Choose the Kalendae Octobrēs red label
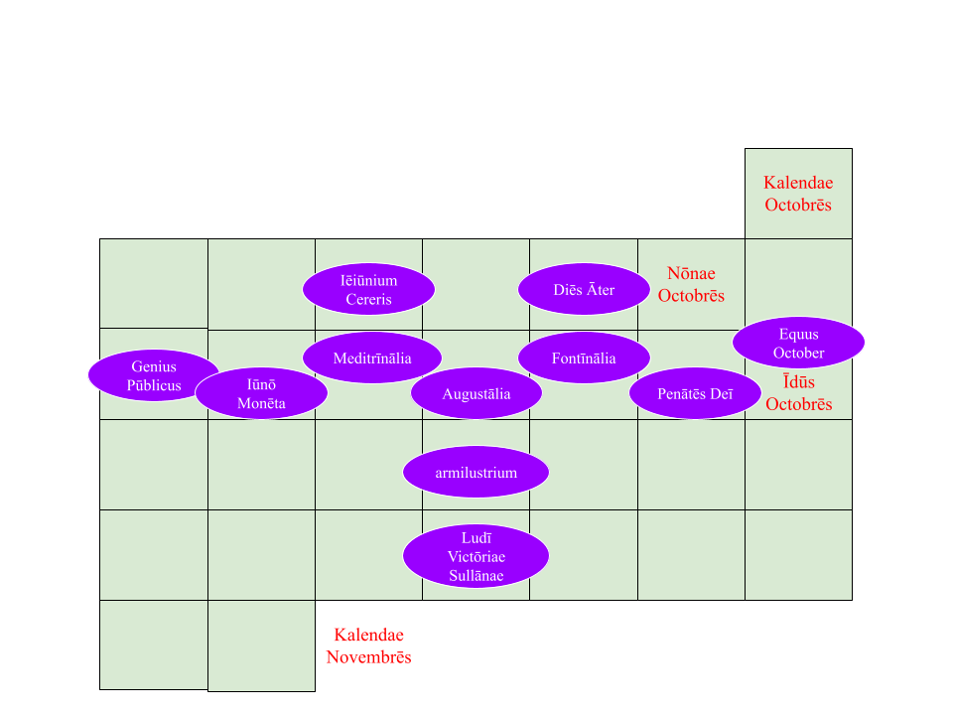tap(798, 194)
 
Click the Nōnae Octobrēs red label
tap(691, 284)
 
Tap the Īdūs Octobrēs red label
tap(798, 393)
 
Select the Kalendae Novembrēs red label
tap(368, 645)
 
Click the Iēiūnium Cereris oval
tap(368, 290)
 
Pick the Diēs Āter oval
tap(584, 290)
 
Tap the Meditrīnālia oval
tap(372, 358)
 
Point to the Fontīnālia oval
tap(584, 358)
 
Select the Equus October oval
tap(798, 344)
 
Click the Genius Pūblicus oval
tap(154, 375)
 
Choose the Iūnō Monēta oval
tap(261, 393)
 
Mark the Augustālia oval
tap(476, 394)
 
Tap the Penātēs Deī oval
tap(695, 394)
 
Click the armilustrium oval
tap(476, 473)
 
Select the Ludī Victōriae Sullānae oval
tap(476, 557)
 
